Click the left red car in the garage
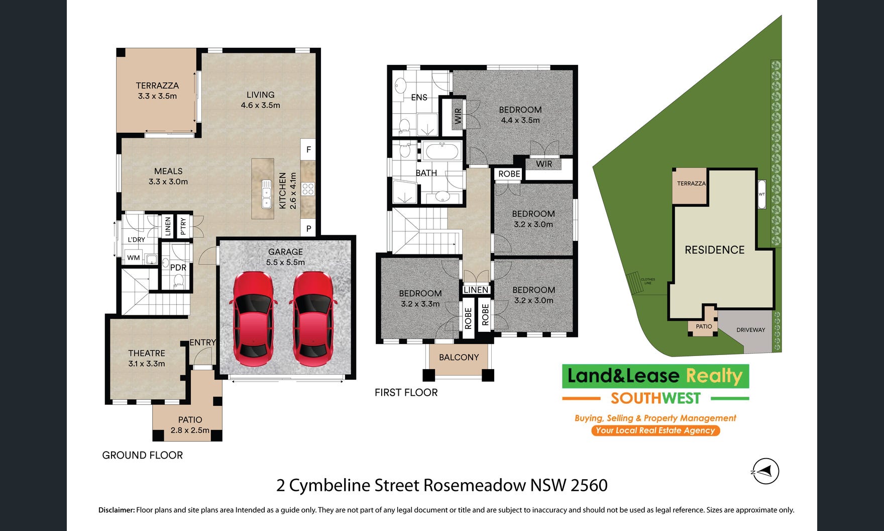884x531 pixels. pos(253,319)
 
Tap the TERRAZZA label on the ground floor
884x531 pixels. pos(157,85)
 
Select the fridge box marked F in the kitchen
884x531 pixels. pos(308,149)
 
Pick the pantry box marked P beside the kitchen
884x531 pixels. pos(308,228)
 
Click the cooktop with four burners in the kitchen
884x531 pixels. pos(308,189)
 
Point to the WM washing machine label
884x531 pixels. pos(134,257)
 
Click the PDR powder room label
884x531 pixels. pos(178,268)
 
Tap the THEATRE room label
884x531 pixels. pos(146,353)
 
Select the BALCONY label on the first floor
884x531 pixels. pos(459,357)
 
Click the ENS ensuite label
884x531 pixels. pos(419,98)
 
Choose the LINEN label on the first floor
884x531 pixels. pos(476,290)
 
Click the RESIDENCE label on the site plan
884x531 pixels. pos(715,250)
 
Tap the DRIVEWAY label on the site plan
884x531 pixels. pos(750,330)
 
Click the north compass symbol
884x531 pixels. pos(765,472)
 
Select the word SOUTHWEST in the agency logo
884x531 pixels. pos(655,398)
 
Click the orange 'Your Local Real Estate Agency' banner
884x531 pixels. pos(655,430)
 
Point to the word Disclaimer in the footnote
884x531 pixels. pos(117,510)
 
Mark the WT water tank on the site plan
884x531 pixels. pos(761,194)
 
